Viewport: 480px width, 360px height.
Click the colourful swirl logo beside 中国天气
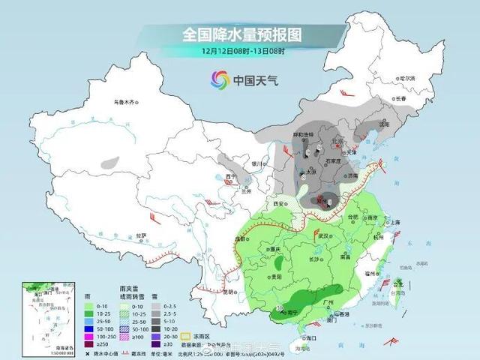point(219,79)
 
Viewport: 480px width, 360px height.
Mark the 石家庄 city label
point(332,160)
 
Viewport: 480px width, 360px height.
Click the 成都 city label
point(241,238)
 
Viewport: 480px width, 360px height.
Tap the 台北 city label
point(398,285)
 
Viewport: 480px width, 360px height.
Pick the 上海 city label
point(394,222)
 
